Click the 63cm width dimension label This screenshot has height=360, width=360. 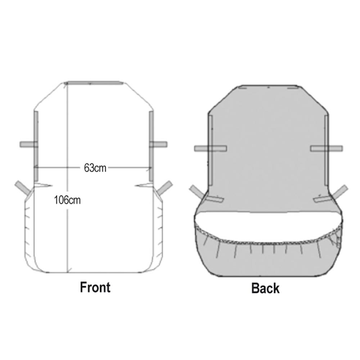95,168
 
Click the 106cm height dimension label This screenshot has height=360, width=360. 67,200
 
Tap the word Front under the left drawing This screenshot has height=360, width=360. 95,287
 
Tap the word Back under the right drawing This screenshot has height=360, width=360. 265,288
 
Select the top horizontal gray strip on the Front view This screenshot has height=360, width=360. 94,83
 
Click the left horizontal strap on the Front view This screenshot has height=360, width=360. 29,144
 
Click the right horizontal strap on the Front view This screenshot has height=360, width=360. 158,144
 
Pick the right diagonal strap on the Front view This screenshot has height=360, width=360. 165,188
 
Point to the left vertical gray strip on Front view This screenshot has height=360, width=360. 36,146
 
